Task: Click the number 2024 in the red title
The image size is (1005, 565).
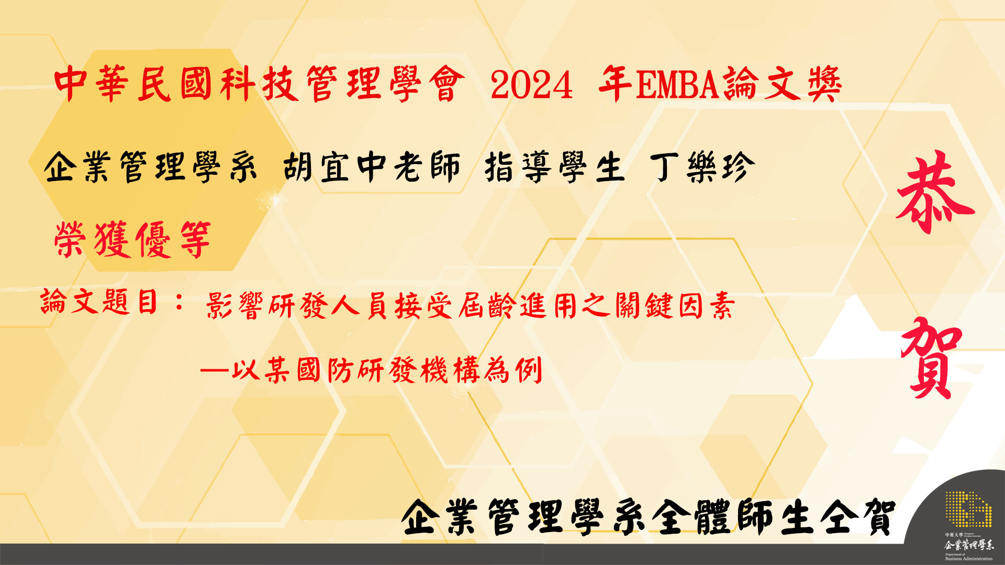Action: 532,85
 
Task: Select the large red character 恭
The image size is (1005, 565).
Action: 935,193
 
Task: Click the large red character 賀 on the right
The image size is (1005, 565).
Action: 932,358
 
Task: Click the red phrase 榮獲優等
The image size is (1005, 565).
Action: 132,240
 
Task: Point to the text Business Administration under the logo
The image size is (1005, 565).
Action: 969,559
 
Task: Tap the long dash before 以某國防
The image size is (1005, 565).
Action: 215,371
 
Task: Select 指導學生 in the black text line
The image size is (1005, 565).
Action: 555,167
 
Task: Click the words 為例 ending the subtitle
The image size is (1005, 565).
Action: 513,370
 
